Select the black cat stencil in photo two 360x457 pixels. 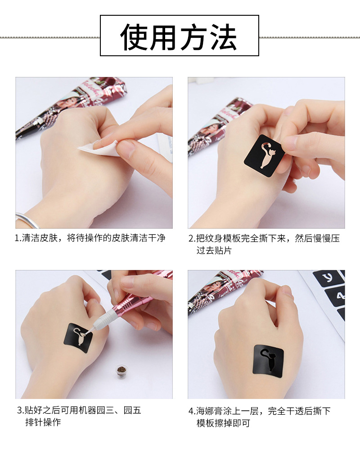pyautogui.click(x=265, y=155)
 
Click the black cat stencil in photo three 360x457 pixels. pyautogui.click(x=78, y=338)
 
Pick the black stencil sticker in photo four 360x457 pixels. pyautogui.click(x=268, y=361)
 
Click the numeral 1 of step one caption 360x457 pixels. pyautogui.click(x=17, y=238)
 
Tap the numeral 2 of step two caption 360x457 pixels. pyautogui.click(x=191, y=238)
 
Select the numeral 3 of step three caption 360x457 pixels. pyautogui.click(x=19, y=411)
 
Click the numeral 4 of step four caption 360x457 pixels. pyautogui.click(x=191, y=411)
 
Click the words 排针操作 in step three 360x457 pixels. pyautogui.click(x=43, y=422)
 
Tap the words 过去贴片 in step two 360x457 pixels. pyautogui.click(x=214, y=251)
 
